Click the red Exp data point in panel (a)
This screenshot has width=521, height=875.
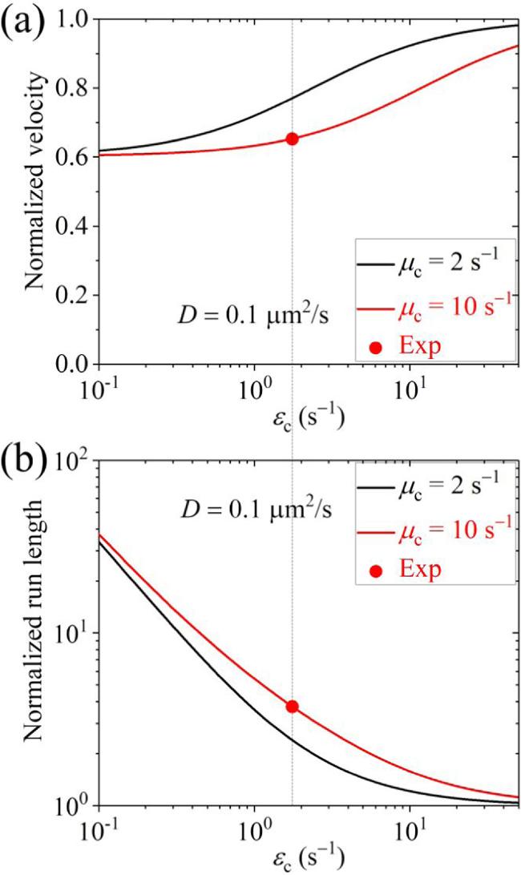[292, 139]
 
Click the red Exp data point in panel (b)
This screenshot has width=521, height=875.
[292, 706]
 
